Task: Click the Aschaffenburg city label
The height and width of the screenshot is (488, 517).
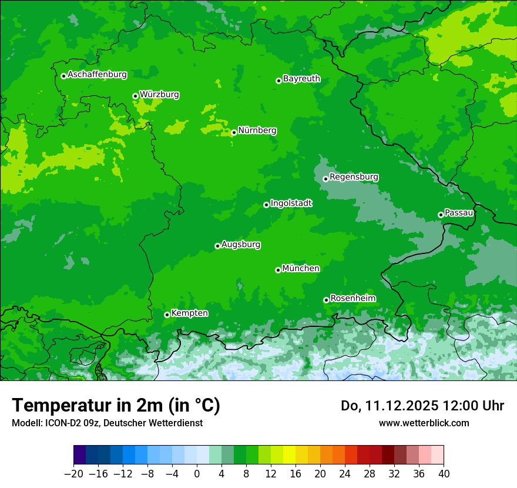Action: tap(97, 75)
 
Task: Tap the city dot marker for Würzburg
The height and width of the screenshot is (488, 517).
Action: tap(135, 96)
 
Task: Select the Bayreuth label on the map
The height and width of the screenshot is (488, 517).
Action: tap(301, 79)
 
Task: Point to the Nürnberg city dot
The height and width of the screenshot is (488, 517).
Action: tap(234, 132)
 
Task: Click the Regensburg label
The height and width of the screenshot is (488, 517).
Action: tap(354, 177)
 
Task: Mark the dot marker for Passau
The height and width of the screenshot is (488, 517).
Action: tap(441, 215)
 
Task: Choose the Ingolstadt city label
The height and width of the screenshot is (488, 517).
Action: tap(291, 203)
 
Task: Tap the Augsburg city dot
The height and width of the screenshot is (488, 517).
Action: tap(217, 246)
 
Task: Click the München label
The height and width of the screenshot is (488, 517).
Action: tap(301, 269)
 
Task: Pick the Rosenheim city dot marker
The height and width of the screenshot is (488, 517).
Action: tap(326, 300)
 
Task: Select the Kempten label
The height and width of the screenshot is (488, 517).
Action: tap(189, 313)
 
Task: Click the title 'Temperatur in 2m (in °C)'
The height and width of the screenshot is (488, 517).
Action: tap(116, 405)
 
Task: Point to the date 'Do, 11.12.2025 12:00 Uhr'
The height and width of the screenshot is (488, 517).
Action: tap(422, 406)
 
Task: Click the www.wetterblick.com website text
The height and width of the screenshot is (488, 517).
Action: tap(424, 423)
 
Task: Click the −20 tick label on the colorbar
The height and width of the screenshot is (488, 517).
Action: tap(73, 474)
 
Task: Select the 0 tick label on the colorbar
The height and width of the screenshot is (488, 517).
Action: tap(197, 474)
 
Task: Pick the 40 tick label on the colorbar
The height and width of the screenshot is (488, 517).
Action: tap(444, 474)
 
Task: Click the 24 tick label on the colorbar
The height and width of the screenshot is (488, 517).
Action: tap(345, 474)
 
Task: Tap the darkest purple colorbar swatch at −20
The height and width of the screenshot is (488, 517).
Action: tap(80, 455)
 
